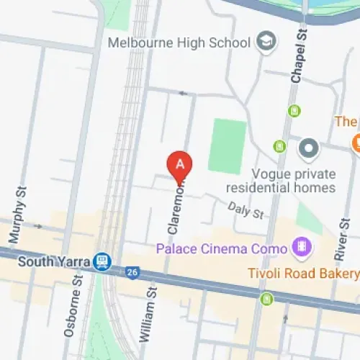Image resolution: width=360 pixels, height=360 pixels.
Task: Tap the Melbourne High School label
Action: pyautogui.click(x=179, y=42)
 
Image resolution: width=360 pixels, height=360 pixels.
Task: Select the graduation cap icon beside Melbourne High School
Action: pyautogui.click(x=266, y=42)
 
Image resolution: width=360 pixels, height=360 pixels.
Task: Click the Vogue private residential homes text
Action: pyautogui.click(x=294, y=181)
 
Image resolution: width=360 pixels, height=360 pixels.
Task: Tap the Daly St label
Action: pyautogui.click(x=246, y=211)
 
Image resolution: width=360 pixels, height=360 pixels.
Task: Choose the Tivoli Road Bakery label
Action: pyautogui.click(x=302, y=274)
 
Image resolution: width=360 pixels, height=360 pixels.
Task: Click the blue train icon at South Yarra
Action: pyautogui.click(x=103, y=261)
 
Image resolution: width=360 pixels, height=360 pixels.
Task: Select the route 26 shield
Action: pyautogui.click(x=131, y=271)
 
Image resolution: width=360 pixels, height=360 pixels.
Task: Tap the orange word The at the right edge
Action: pyautogui.click(x=346, y=122)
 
